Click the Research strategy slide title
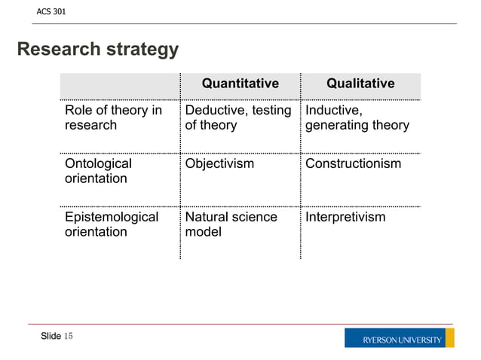click(98, 50)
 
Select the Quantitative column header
click(240, 84)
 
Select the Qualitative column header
click(360, 84)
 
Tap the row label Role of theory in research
click(113, 118)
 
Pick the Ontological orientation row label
click(98, 171)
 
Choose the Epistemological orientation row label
click(112, 224)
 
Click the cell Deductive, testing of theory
click(238, 118)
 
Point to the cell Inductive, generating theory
click(357, 118)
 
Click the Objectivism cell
click(219, 164)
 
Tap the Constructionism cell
click(353, 164)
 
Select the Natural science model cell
click(231, 224)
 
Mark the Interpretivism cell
click(345, 218)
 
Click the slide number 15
click(69, 336)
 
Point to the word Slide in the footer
click(51, 336)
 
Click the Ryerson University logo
click(399, 338)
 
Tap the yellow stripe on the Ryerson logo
click(450, 338)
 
